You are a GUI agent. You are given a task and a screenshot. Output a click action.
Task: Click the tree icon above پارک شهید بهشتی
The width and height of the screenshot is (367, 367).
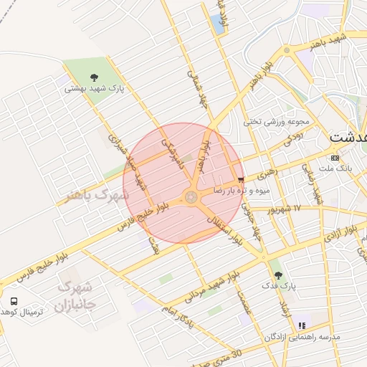click(94, 77)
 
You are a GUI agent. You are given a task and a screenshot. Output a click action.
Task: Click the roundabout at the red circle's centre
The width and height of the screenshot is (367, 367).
click(191, 196)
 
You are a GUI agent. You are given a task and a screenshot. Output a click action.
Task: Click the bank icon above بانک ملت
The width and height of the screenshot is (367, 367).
click(335, 158)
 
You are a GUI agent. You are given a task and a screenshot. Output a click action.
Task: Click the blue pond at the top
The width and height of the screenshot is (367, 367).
click(216, 24)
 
